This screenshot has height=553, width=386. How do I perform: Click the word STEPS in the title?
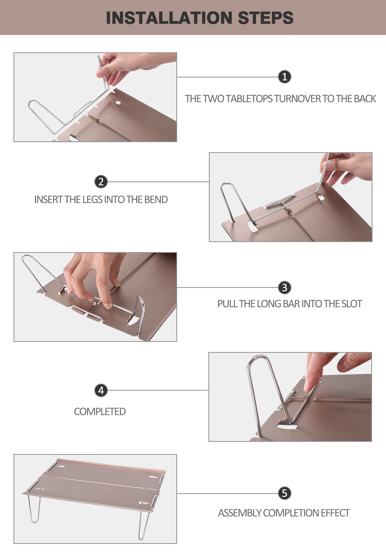click(x=266, y=18)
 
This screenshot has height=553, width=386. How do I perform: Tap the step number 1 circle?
click(x=284, y=77)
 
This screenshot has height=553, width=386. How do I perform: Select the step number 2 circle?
click(x=101, y=182)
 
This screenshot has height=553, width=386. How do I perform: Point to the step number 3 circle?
click(x=284, y=287)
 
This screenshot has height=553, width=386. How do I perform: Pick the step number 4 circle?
click(x=101, y=390)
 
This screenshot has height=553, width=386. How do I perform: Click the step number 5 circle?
click(x=284, y=493)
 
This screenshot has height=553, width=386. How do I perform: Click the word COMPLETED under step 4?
click(x=100, y=412)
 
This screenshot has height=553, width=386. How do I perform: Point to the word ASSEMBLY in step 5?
click(x=240, y=513)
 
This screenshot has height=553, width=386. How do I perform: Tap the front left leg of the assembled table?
click(x=34, y=509)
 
